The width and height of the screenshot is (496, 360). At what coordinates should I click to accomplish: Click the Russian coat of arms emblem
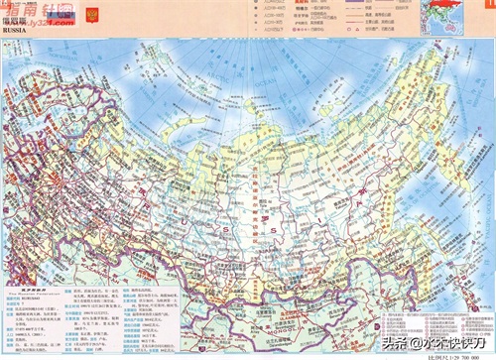[x=95, y=15]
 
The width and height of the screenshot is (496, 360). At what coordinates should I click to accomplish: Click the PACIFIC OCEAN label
[x=466, y=248]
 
